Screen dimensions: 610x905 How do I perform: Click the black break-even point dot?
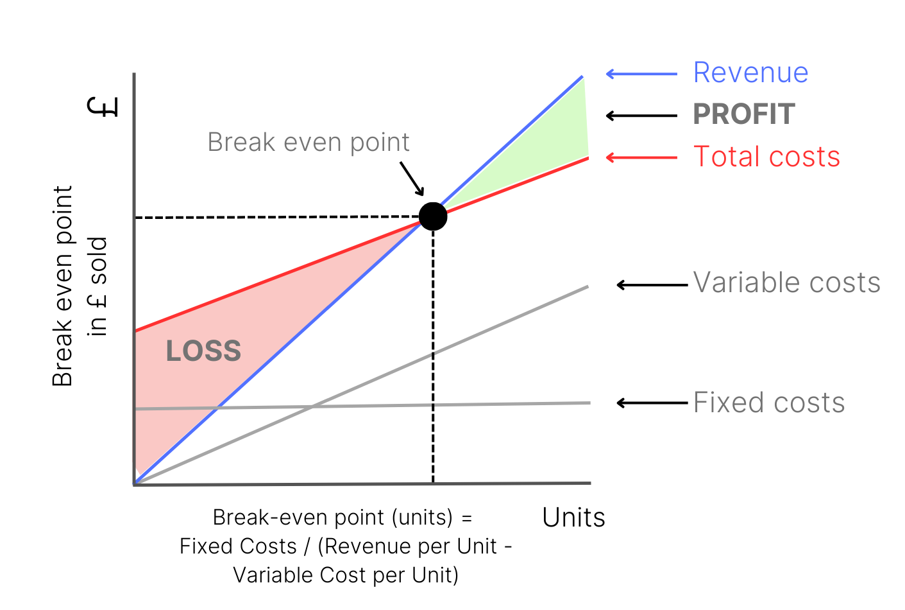point(433,216)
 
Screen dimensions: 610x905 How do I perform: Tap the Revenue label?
point(750,73)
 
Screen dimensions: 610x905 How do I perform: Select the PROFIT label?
point(744,114)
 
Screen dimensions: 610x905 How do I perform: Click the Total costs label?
point(766,157)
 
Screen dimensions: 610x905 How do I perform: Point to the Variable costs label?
point(787,283)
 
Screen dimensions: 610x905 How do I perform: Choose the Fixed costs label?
point(769,403)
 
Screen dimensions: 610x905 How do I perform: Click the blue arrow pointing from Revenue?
point(641,74)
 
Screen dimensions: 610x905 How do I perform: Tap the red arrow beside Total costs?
point(641,157)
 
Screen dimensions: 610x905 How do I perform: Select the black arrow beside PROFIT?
point(641,116)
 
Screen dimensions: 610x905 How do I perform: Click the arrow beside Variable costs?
point(652,284)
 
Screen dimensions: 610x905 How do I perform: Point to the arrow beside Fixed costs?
point(652,403)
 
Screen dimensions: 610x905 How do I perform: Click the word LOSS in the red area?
point(203,351)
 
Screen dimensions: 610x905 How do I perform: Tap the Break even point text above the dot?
point(309,142)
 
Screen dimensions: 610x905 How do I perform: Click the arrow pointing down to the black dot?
point(412,178)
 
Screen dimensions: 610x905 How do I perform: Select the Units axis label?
point(573,518)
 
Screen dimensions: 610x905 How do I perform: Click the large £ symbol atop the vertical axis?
point(103,107)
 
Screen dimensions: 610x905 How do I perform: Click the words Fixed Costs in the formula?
point(237,546)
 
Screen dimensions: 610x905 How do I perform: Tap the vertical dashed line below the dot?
point(433,360)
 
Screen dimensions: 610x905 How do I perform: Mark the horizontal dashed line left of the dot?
point(276,218)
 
